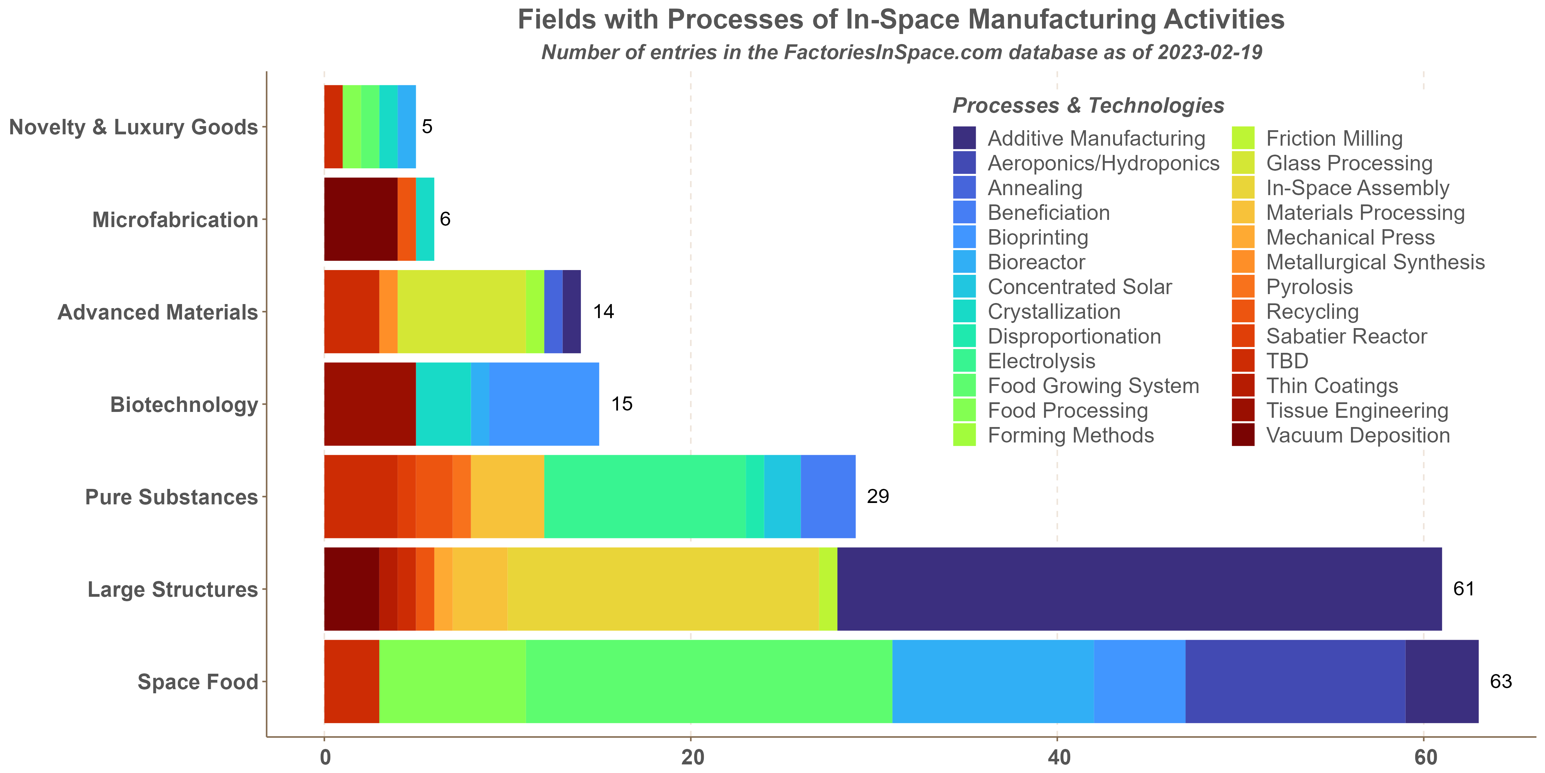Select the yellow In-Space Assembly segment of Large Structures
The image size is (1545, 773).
[x=663, y=589]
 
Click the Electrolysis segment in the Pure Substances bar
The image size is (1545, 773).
[x=645, y=496]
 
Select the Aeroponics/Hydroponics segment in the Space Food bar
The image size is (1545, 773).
[x=1295, y=681]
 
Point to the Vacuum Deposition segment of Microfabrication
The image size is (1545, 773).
[x=360, y=219]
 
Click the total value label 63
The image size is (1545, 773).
[x=1501, y=682]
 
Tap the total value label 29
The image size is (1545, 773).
[x=878, y=496]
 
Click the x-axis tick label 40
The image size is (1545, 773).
[x=1058, y=758]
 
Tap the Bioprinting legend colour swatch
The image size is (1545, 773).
[x=964, y=237]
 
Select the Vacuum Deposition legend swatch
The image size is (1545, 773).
[x=1243, y=435]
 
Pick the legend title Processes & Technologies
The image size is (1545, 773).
[x=1088, y=105]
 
